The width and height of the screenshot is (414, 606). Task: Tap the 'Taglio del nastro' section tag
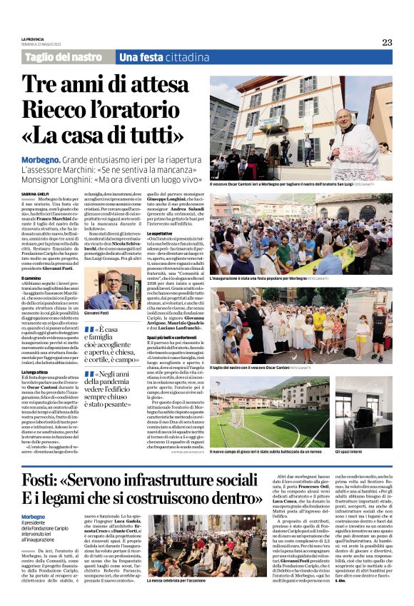pyautogui.click(x=63, y=57)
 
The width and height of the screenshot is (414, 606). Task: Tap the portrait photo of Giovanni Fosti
pyautogui.click(x=107, y=293)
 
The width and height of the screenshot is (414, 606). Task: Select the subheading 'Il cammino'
pyautogui.click(x=31, y=278)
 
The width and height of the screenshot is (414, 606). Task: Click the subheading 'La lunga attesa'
pyautogui.click(x=35, y=371)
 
